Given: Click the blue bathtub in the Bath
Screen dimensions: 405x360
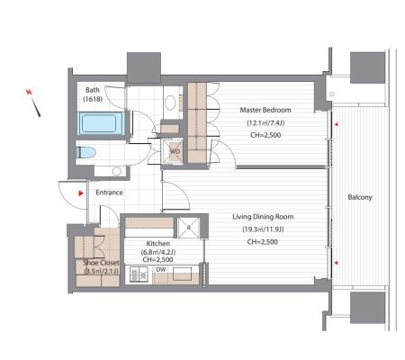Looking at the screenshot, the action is point(101,123).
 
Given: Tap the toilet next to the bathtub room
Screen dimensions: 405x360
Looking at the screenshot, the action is point(85,152).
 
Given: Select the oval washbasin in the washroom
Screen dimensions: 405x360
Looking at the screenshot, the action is point(170,103).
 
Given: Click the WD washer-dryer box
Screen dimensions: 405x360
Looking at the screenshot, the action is point(172,151).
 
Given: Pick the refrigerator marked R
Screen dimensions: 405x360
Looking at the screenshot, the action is point(189,228).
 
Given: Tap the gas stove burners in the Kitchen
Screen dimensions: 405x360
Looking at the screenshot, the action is point(139,274).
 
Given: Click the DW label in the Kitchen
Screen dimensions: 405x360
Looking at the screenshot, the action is point(161,270).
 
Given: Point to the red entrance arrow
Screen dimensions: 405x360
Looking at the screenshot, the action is point(81,193).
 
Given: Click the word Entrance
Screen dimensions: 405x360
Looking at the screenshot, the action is point(109,193).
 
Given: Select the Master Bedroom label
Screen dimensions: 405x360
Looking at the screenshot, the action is point(265,110).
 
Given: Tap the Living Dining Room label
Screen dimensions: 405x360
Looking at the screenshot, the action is point(263,217).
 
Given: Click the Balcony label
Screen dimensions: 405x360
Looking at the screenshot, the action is point(360,197).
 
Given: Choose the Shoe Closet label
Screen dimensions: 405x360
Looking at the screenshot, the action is point(101,263).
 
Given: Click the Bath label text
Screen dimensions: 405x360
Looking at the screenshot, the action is point(93,90).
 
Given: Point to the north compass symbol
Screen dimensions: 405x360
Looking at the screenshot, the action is point(33,103).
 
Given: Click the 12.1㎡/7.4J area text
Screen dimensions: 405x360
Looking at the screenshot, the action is point(265,122).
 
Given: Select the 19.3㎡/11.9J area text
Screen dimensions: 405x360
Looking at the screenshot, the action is point(263,229).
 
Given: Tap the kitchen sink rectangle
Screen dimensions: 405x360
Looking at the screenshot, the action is point(182,274).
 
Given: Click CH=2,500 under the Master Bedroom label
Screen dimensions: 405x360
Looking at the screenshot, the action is point(265,135).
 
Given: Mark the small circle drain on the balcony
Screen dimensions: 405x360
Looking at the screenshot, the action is point(331,94).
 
